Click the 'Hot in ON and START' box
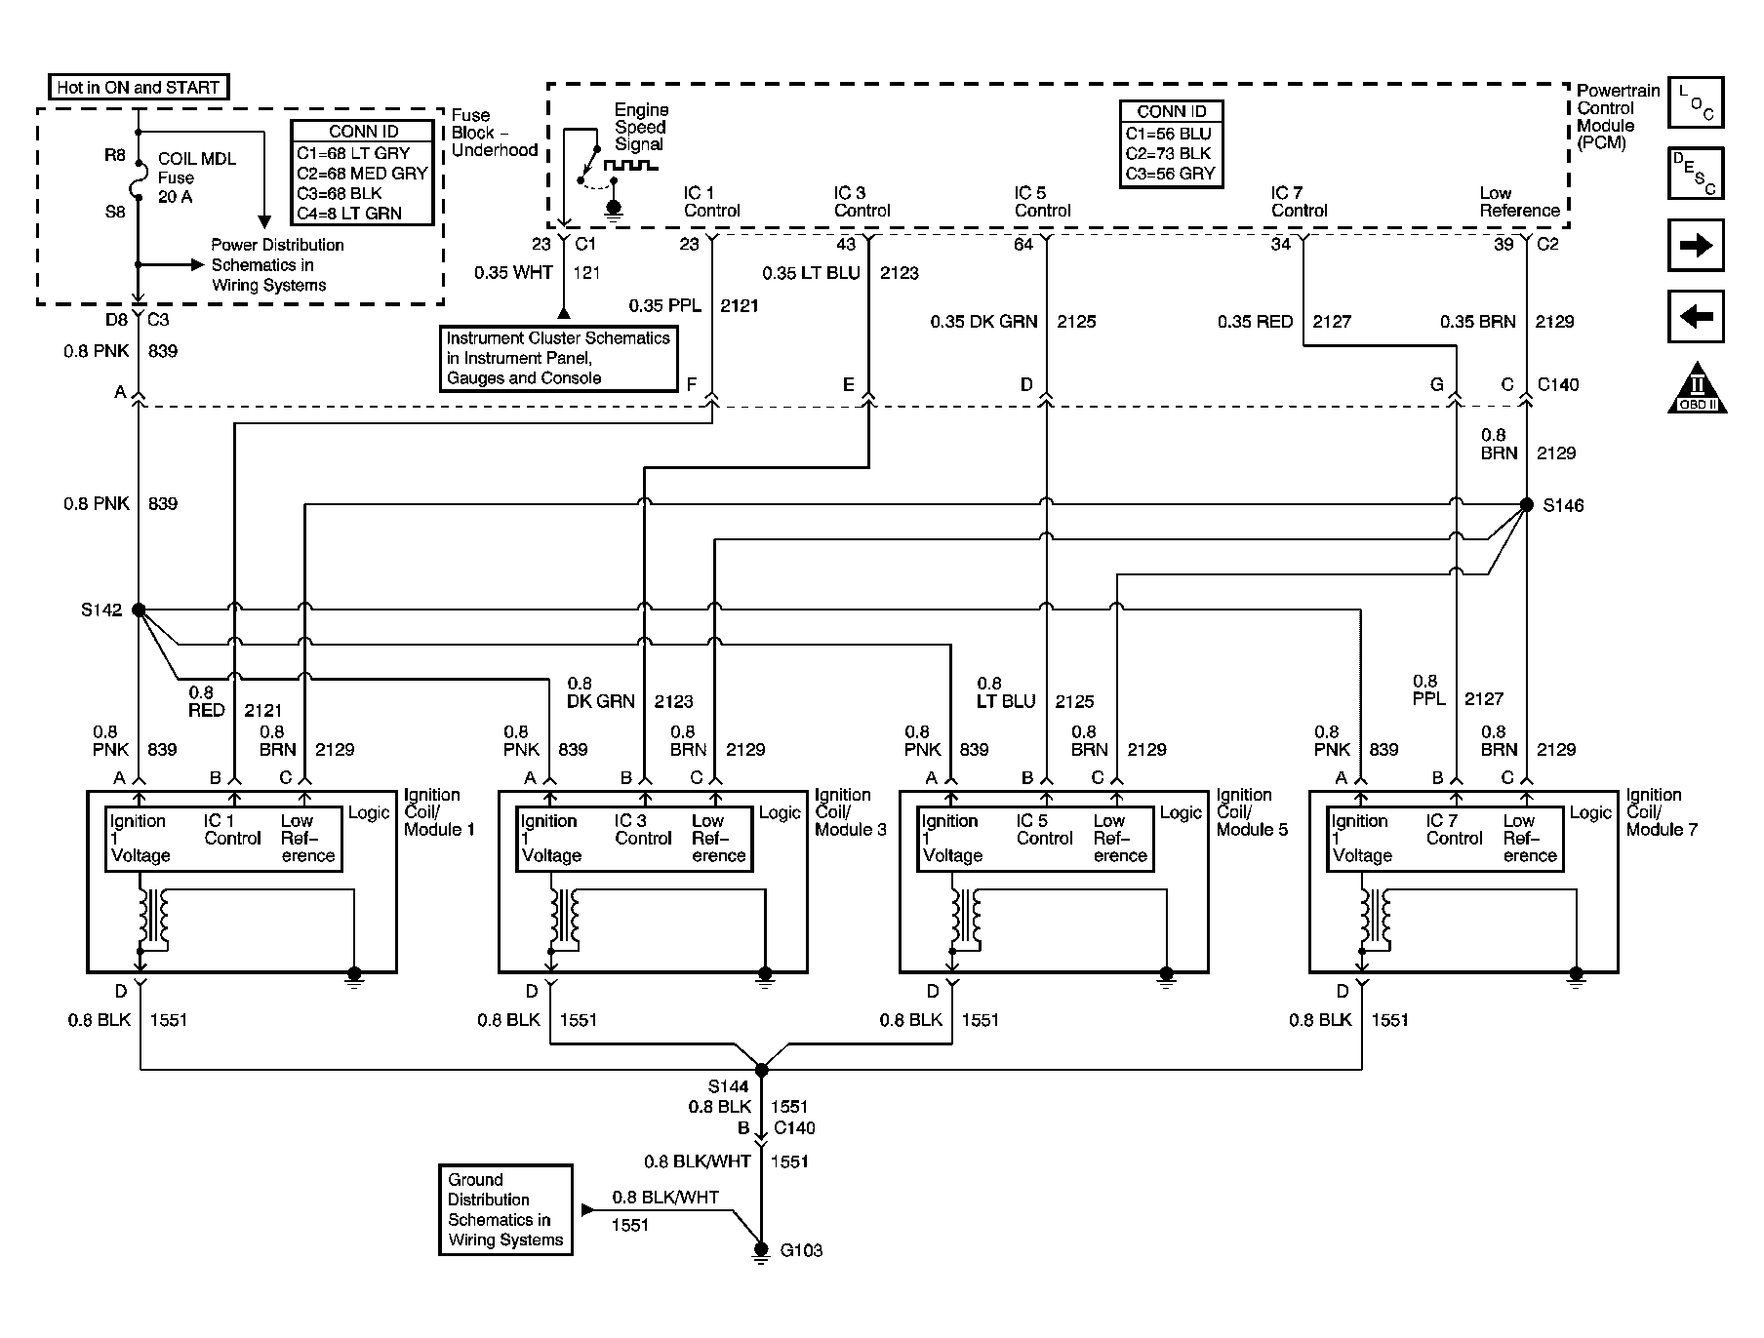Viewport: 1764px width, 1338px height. (138, 87)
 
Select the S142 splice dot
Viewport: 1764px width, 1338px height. (139, 610)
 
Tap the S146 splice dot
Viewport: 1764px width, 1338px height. (1527, 504)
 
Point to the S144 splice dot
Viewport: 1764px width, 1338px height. (762, 1070)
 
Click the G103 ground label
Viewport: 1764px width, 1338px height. (801, 1250)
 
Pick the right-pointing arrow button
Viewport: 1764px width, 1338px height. (1696, 245)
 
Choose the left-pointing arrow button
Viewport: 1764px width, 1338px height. (1696, 317)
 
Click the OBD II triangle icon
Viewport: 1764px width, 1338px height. (1697, 388)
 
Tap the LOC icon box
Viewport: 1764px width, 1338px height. (1696, 102)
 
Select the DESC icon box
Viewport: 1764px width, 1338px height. (1696, 174)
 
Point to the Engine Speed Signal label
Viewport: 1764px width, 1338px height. (640, 127)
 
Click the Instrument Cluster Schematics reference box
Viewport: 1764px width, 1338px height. (558, 358)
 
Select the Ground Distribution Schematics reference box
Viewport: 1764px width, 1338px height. (504, 1209)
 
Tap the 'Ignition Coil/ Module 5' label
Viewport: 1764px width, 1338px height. (1252, 812)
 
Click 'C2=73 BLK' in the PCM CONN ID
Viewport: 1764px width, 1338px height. (1169, 154)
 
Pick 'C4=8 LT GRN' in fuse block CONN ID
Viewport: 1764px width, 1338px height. (349, 214)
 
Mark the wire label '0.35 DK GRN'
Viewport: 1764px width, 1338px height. (983, 322)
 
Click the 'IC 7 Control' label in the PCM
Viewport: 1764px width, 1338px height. (1299, 202)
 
